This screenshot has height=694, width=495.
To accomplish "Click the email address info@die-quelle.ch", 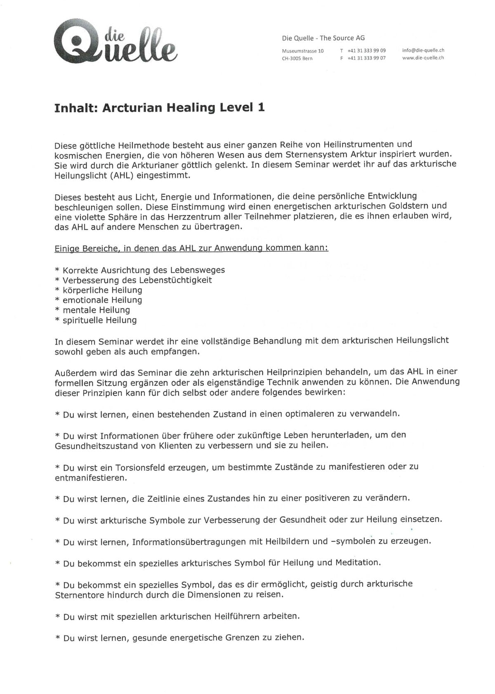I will [x=423, y=50].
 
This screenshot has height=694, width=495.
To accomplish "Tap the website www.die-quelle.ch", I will [x=423, y=58].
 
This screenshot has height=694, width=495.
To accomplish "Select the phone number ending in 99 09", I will [x=366, y=51].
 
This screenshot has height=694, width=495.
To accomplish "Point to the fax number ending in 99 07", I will [x=366, y=58].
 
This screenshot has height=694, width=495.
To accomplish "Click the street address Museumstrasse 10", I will [x=303, y=51].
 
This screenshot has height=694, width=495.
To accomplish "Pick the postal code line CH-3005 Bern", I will [x=297, y=59].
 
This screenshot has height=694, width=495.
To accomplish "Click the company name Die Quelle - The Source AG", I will [x=323, y=38].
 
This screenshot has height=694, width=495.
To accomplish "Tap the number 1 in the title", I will [x=261, y=108].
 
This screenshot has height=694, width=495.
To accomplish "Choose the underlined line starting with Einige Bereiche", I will [x=191, y=248].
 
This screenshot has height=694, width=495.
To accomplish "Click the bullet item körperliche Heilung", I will [x=102, y=290].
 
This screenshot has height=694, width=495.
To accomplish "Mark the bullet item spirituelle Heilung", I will [x=99, y=320].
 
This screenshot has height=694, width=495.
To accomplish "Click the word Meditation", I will [x=358, y=563].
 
